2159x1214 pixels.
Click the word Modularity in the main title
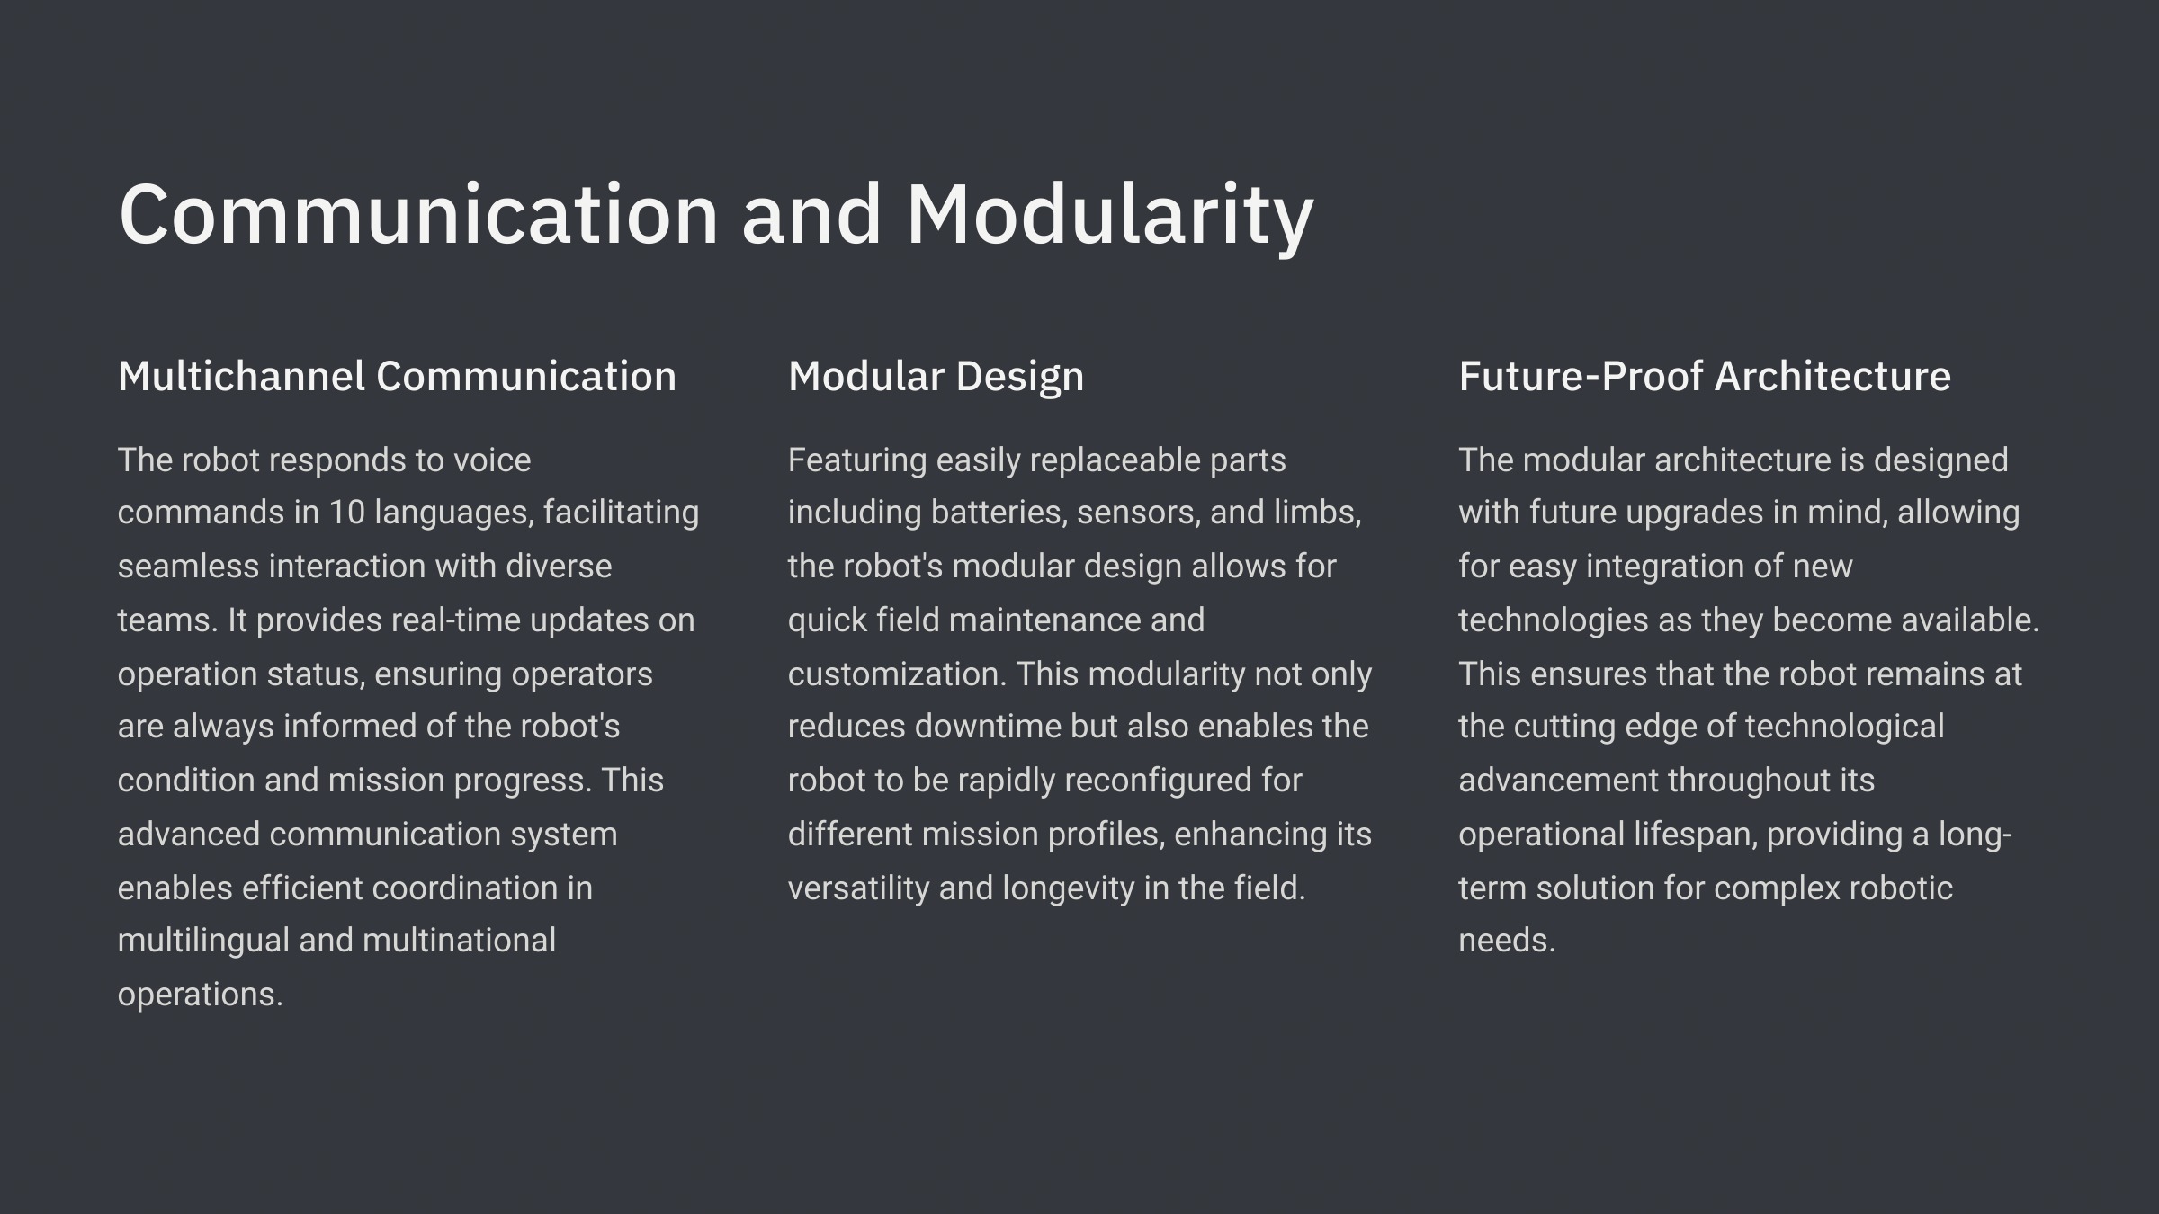click(x=1110, y=216)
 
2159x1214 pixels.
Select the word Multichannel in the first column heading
click(x=240, y=376)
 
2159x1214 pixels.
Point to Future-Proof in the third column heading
click(x=1580, y=376)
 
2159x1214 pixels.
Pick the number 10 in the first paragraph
click(x=346, y=513)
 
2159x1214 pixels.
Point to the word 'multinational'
click(x=459, y=941)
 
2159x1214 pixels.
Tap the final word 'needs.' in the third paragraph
click(x=1507, y=942)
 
